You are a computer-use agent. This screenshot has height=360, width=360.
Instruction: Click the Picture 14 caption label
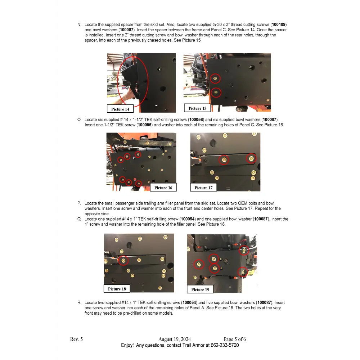coord(120,109)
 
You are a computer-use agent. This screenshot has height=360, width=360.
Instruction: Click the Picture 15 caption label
coord(197,108)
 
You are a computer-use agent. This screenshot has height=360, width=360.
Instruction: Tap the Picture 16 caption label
coord(163,188)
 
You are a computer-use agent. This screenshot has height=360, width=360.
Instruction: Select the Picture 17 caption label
coord(203,188)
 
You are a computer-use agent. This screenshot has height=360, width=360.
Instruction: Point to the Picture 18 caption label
coord(117,289)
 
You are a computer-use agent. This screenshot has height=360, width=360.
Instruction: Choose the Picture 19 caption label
coord(200,289)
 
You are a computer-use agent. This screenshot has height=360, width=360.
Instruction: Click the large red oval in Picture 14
coord(132,81)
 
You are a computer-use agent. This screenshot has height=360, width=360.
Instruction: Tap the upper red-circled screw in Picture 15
coord(215,78)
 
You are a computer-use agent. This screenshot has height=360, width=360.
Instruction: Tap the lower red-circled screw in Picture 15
coord(216,93)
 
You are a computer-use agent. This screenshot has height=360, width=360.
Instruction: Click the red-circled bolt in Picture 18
coord(123,260)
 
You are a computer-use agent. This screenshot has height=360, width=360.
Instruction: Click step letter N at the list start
coord(79,24)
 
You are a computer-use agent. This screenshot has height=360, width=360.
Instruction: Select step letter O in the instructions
coord(79,120)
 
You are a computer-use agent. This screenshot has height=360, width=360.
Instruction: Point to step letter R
coord(79,303)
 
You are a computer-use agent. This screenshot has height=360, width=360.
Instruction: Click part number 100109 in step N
coord(279,24)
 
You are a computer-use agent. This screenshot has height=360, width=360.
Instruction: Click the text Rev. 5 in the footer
coord(76,339)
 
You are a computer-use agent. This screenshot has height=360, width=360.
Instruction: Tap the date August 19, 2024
coord(175,339)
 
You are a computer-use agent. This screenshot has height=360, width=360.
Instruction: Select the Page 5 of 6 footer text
coord(235,339)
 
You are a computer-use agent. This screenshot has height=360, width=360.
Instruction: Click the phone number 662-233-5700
coord(225,345)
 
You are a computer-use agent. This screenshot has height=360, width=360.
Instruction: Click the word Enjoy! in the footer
coord(127,345)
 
